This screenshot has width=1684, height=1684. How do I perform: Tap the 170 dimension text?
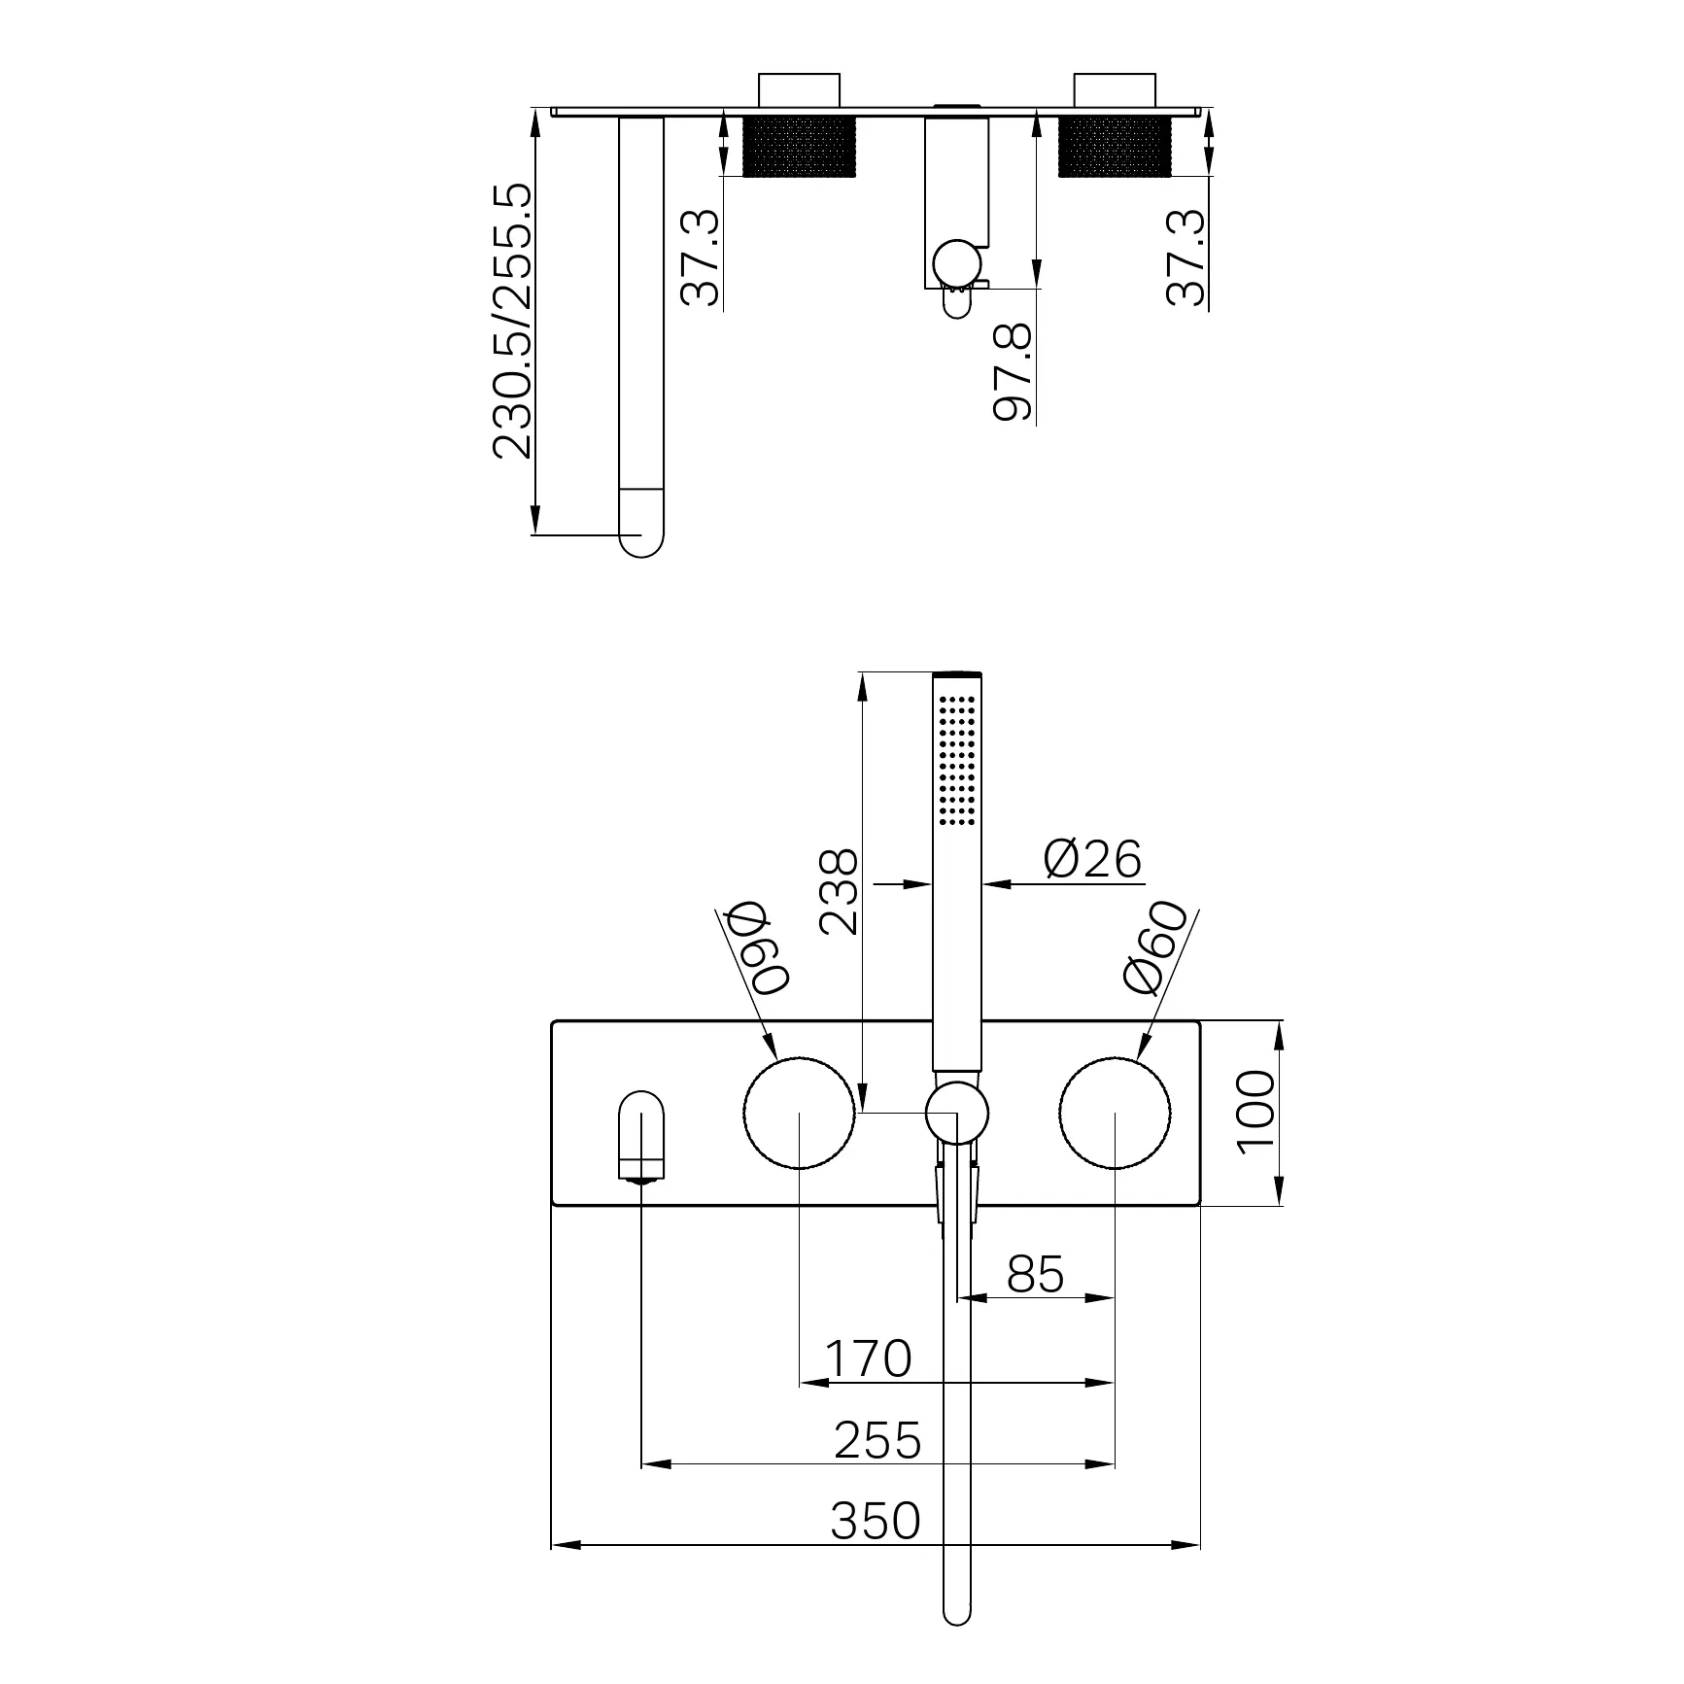(x=868, y=1358)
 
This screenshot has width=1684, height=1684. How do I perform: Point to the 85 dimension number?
(x=1036, y=1274)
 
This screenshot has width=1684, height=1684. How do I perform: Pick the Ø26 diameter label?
(x=1092, y=859)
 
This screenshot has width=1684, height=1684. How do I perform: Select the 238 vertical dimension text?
(x=839, y=892)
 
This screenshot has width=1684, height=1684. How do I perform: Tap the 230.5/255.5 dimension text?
(x=513, y=321)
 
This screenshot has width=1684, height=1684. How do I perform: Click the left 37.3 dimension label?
(x=701, y=258)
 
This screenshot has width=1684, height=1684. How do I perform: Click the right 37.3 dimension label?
(x=1186, y=258)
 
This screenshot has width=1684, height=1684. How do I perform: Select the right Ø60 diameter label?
(x=1154, y=948)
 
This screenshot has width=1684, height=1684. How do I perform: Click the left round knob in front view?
(x=799, y=1112)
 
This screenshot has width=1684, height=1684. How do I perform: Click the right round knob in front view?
(x=1115, y=1112)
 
